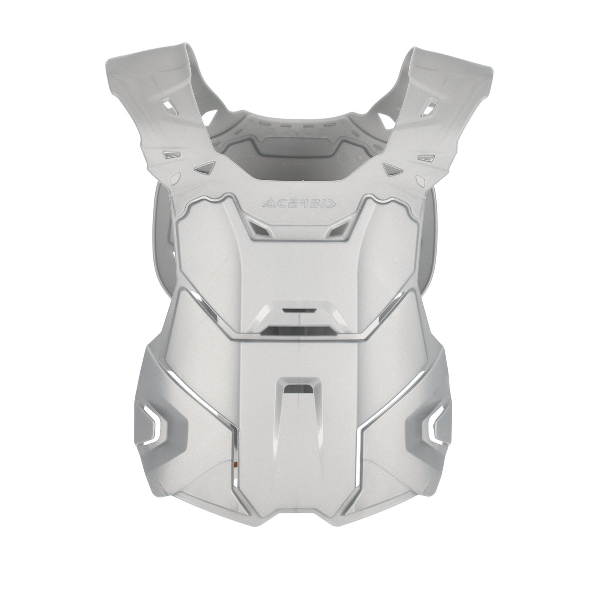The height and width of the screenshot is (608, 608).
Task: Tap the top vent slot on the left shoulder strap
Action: tap(171, 118)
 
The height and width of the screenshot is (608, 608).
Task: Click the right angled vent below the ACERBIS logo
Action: tap(340, 228)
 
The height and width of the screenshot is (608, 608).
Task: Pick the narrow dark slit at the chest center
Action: tap(295, 310)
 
